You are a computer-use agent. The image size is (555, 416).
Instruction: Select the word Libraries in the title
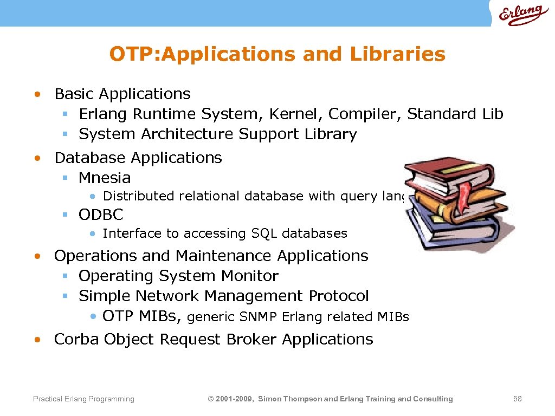(397, 54)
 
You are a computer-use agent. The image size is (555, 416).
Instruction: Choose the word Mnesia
(105, 178)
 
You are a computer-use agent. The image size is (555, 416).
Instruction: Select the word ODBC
(101, 215)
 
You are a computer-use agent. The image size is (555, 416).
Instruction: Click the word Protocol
(339, 296)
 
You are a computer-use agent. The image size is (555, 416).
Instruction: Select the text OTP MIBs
(143, 316)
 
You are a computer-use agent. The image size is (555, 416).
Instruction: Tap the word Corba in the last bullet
(77, 340)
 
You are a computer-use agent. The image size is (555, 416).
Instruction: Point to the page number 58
(517, 399)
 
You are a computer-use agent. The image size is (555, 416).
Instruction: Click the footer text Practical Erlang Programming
(83, 399)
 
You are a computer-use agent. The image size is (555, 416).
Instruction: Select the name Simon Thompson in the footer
(291, 399)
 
